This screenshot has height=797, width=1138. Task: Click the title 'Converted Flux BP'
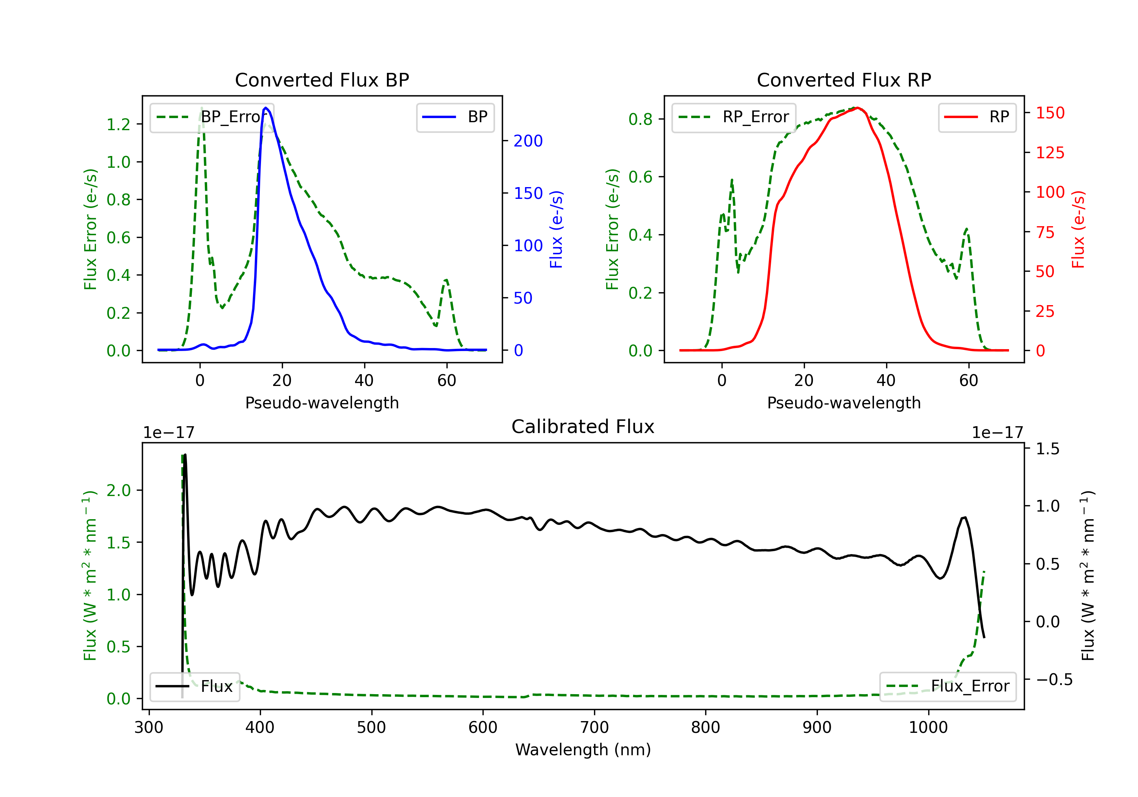click(x=322, y=80)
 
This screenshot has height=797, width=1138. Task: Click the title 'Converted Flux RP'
click(x=844, y=80)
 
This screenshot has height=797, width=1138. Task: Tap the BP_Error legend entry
click(x=212, y=117)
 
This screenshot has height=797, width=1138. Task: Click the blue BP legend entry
click(x=455, y=117)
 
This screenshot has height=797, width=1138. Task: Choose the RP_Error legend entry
click(x=734, y=117)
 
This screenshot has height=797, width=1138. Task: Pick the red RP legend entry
click(x=977, y=117)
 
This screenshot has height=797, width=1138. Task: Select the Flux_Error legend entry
click(x=948, y=687)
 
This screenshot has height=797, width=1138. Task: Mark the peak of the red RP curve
click(x=857, y=108)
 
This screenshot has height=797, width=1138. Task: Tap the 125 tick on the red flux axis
click(x=1050, y=153)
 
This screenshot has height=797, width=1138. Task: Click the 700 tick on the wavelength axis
click(x=594, y=727)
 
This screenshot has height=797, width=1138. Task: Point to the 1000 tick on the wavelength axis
click(x=928, y=727)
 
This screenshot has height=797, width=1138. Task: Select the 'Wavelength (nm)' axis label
click(x=583, y=750)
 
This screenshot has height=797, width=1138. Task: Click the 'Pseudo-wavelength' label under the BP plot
click(x=322, y=403)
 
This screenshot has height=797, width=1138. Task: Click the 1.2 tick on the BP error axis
click(x=118, y=124)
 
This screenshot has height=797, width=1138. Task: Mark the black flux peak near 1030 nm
click(x=965, y=518)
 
